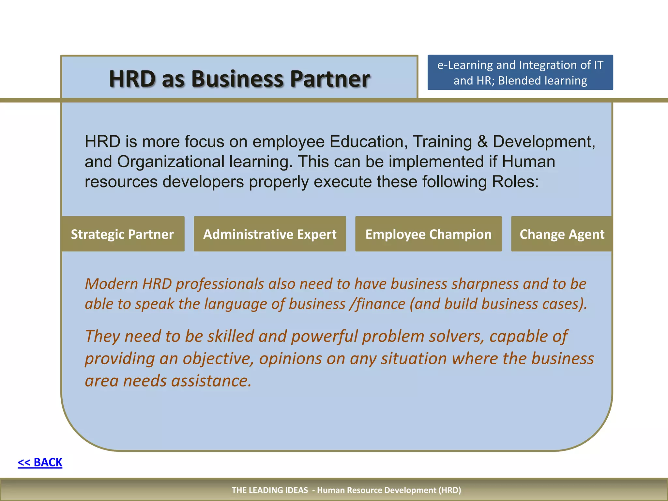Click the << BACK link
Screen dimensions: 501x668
pos(40,463)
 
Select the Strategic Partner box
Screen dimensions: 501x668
pos(123,234)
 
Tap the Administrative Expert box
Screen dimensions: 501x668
pos(270,234)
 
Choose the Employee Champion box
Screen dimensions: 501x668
pos(428,234)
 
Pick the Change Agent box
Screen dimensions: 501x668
pos(561,234)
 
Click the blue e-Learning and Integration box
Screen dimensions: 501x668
pos(520,72)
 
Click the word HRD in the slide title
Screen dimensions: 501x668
pos(132,79)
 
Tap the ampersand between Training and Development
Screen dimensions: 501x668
pos(482,142)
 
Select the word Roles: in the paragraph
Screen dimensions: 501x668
pos(515,182)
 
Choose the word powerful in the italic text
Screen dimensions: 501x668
pos(324,336)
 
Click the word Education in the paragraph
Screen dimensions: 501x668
pos(369,142)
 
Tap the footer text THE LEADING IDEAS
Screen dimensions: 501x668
pos(270,490)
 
